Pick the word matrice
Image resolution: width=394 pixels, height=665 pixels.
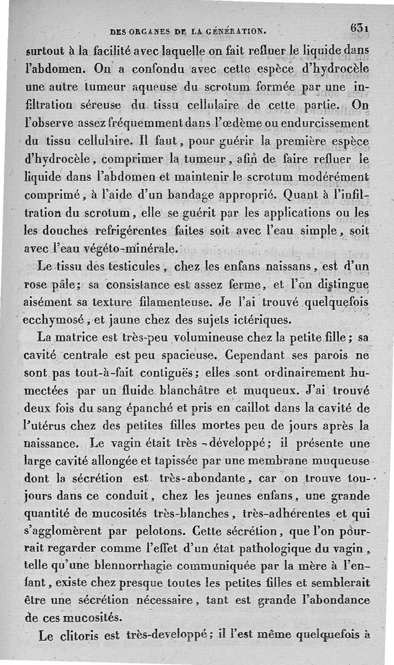79,339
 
